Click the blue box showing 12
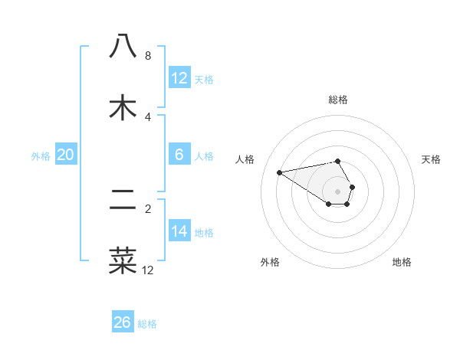coord(179,77)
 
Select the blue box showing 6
coord(179,155)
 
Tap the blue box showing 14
coord(179,231)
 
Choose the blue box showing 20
coord(66,155)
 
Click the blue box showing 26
coord(123,322)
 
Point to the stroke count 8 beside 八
coord(148,56)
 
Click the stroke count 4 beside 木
coord(148,117)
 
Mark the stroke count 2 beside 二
coord(148,208)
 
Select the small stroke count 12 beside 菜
coord(148,270)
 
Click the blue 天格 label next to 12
coord(204,79)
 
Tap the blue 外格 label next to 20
coord(41,155)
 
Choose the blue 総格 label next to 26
coord(147,324)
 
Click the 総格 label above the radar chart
coord(337,100)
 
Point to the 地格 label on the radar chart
coord(402,262)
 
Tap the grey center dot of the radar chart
coord(337,191)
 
